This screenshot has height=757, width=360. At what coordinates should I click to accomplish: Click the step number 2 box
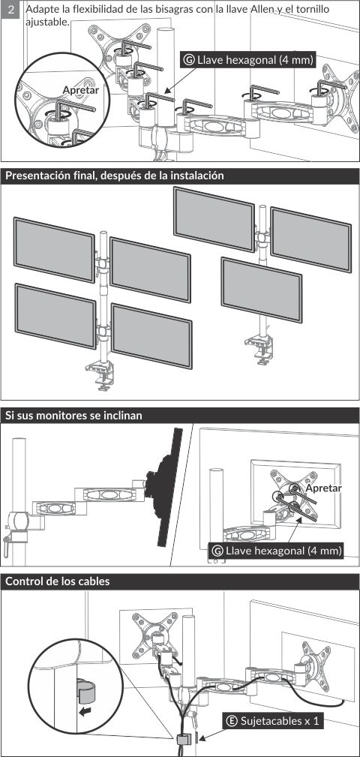[x=10, y=9]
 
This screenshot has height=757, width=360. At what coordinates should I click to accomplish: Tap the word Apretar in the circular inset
[x=80, y=90]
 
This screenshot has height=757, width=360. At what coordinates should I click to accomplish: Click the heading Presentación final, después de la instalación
[x=114, y=176]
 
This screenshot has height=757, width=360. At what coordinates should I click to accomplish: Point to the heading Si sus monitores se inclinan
[x=73, y=415]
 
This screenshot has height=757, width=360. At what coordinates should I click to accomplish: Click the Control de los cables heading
[x=58, y=581]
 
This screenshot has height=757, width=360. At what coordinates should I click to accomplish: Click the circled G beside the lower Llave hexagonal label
[x=217, y=551]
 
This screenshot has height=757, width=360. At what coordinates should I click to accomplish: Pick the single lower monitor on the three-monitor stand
[x=262, y=290]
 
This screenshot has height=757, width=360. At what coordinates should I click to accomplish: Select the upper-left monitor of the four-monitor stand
[x=54, y=250]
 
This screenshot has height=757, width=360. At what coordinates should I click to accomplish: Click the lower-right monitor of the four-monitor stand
[x=151, y=335]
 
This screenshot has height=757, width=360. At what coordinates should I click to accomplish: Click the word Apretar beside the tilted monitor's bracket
[x=324, y=488]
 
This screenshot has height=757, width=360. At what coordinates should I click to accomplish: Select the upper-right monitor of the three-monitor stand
[x=310, y=239]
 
